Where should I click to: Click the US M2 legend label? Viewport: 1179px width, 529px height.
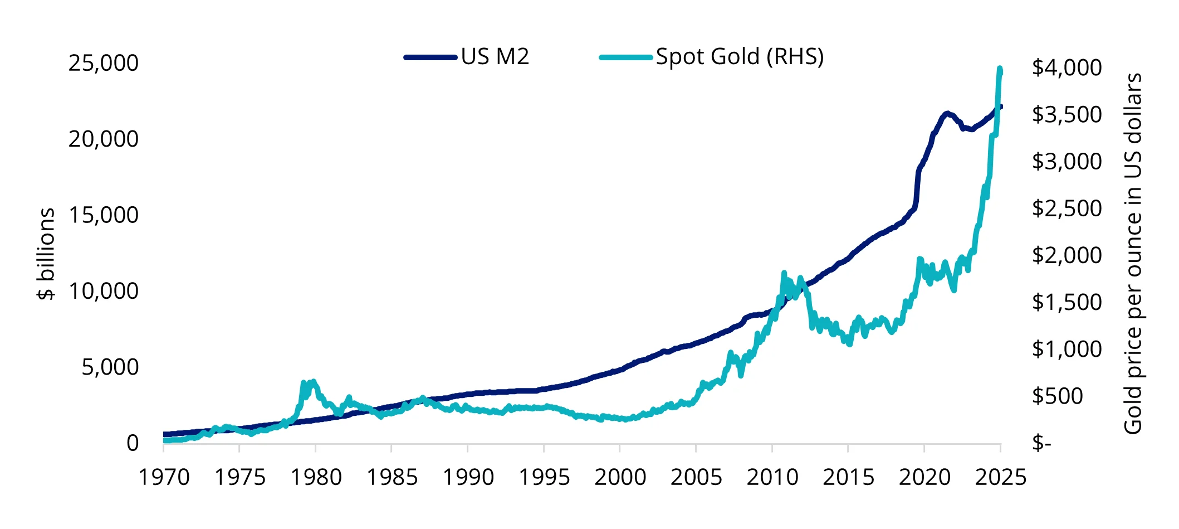point(495,57)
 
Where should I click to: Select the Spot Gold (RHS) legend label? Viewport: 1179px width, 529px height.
point(739,57)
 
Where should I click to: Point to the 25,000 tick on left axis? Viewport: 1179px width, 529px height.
point(103,63)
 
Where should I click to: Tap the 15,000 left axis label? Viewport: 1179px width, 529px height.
point(103,215)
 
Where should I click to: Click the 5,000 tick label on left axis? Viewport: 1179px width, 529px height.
point(110,367)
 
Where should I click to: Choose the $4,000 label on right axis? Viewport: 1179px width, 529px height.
point(1067,67)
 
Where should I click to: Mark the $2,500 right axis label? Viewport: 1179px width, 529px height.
point(1067,208)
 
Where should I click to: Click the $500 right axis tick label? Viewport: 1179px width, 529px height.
point(1057,396)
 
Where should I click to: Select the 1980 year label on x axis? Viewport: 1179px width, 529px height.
point(316,478)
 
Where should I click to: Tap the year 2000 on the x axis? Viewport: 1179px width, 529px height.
point(620,478)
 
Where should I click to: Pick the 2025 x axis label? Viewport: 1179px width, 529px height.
point(1000,478)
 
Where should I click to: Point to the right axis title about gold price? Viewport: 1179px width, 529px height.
point(1133,254)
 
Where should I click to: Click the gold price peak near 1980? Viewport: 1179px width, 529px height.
point(314,382)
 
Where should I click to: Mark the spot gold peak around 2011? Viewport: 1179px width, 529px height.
point(784,273)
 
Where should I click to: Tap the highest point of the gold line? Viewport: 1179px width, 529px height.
point(1000,69)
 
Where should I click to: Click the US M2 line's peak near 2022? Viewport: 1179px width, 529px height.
point(947,113)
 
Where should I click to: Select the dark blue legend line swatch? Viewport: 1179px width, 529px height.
point(430,57)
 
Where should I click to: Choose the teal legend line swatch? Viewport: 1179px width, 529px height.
point(625,57)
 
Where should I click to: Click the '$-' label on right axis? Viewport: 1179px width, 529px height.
point(1040,444)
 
